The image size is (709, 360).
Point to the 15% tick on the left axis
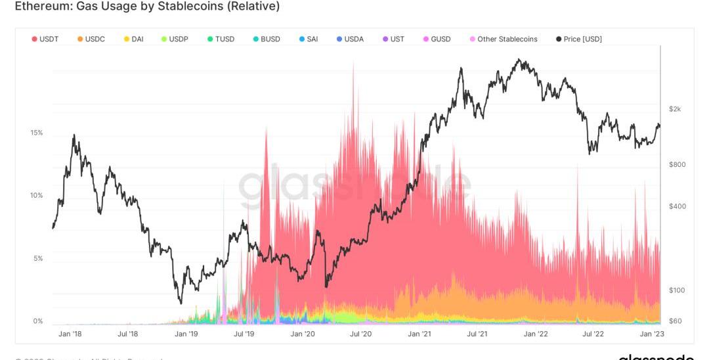(37, 133)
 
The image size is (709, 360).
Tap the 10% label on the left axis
(37, 196)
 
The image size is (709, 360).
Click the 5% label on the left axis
(38, 259)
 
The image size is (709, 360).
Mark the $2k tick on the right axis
(675, 109)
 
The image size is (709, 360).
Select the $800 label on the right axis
(677, 165)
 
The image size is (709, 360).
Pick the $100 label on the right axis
(677, 290)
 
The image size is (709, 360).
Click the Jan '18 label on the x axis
(70, 334)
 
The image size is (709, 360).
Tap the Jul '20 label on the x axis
(360, 334)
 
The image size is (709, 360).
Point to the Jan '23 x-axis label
(652, 334)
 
